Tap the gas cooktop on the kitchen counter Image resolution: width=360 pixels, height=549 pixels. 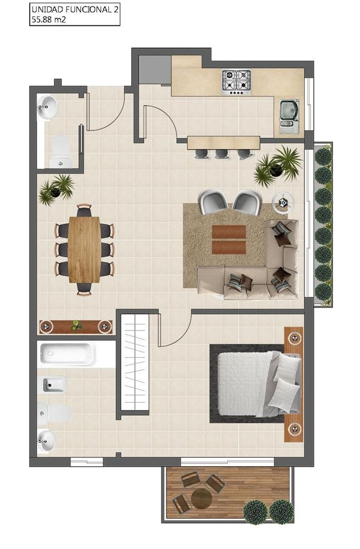click(236, 82)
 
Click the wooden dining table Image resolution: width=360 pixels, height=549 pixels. click(84, 249)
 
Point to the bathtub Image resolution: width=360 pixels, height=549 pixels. click(67, 354)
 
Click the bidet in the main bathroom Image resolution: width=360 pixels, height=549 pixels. click(54, 385)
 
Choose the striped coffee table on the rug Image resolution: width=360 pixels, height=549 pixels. click(229, 239)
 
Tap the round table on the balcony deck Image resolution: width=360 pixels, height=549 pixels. click(201, 498)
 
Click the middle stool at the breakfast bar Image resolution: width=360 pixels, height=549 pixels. click(222, 154)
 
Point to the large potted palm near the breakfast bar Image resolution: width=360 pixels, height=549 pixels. click(278, 166)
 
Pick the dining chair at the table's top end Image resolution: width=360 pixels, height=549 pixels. click(84, 210)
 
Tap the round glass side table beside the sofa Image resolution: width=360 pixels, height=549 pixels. click(283, 202)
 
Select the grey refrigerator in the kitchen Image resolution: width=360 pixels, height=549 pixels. click(155, 70)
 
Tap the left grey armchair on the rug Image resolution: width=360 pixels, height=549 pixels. click(213, 202)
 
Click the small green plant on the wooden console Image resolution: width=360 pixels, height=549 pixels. click(76, 326)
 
